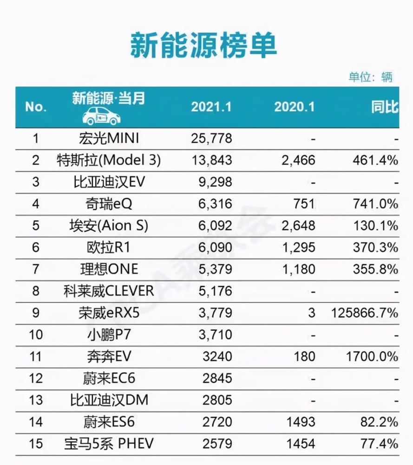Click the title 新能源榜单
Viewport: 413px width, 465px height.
pos(203,46)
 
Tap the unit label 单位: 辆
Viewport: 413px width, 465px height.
pos(370,77)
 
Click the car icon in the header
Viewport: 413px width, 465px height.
pos(101,116)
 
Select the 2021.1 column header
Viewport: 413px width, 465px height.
pos(211,107)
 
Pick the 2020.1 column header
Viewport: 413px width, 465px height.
pos(294,107)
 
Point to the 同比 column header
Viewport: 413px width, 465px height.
pos(385,107)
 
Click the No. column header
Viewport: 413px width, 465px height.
pos(36,107)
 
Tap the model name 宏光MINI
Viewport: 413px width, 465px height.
pos(109,139)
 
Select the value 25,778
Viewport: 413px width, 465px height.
pos(211,139)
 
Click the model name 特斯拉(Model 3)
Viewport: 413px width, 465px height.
pos(109,160)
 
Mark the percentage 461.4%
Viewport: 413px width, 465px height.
pos(375,160)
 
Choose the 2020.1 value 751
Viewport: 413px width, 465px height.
pos(303,204)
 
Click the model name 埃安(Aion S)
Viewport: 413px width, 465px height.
pos(109,226)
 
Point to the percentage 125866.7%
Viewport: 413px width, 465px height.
pos(364,313)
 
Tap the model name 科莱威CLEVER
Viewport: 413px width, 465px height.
pos(109,291)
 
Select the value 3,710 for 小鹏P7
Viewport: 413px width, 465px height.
pos(215,335)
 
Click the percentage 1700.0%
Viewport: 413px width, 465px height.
pos(372,357)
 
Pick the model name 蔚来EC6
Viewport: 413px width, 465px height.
pos(109,379)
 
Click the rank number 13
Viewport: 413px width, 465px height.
pos(36,400)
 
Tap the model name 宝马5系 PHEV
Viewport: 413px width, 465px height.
pos(109,444)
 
